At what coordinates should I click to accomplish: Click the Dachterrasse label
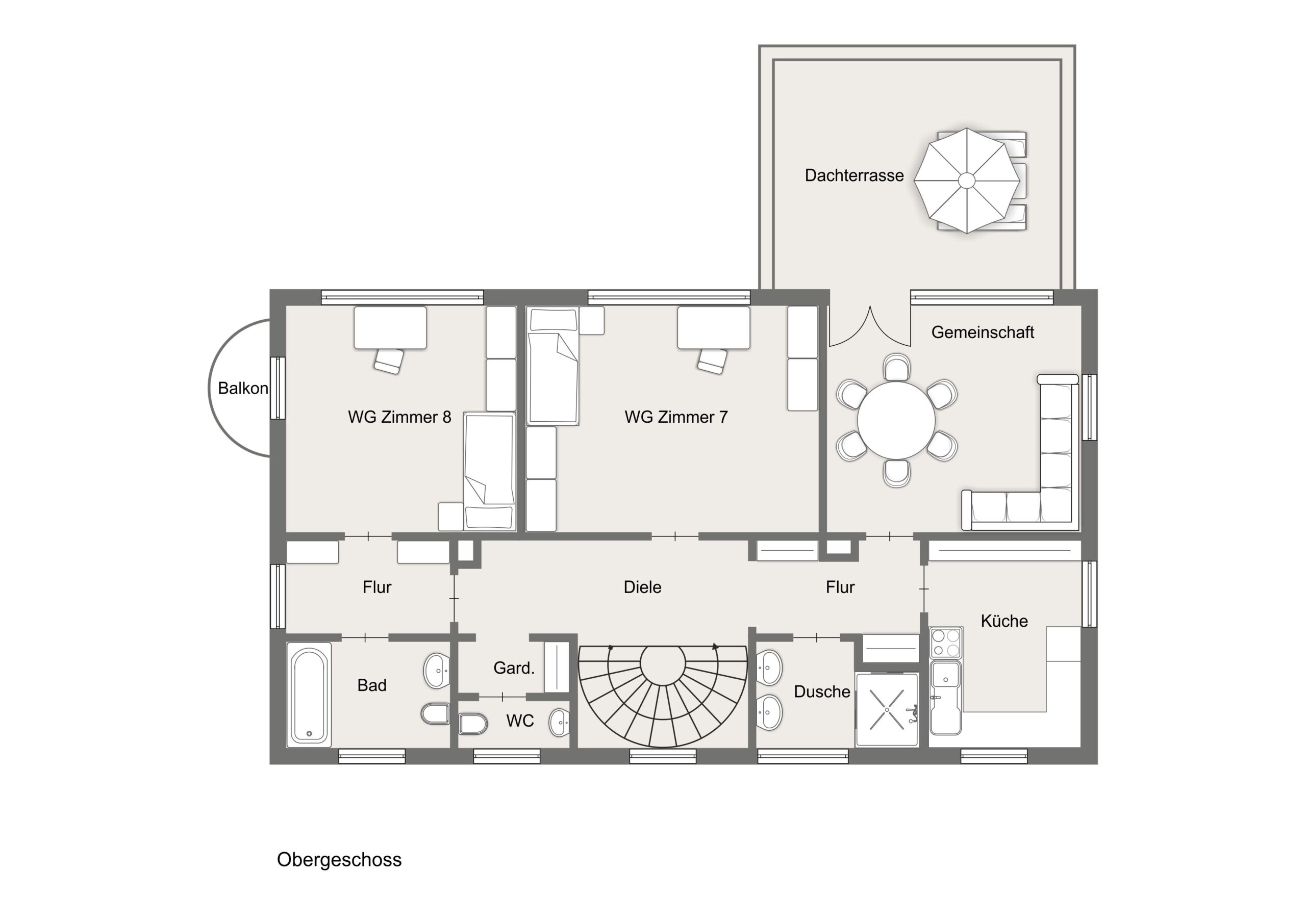pos(854,175)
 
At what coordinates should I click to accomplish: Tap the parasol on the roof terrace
pos(966,181)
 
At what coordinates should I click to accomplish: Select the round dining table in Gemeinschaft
pos(896,420)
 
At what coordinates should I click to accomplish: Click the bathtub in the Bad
pos(309,695)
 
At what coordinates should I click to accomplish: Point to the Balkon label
pos(243,389)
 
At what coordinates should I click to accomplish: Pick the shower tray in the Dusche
pos(887,710)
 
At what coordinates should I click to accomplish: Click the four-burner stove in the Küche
pos(945,643)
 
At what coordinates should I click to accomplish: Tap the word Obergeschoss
pos(339,860)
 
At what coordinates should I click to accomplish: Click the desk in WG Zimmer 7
pos(713,327)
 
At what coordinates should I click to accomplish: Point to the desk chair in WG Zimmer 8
pos(389,361)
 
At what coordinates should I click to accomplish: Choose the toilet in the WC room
pos(473,724)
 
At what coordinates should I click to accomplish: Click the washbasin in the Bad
pos(437,671)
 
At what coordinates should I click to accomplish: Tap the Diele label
pos(642,587)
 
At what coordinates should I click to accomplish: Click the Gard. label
pos(514,668)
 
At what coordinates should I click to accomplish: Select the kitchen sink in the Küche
pos(945,697)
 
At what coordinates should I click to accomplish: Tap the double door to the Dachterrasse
pos(870,326)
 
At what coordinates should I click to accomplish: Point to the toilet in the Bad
pos(435,714)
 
